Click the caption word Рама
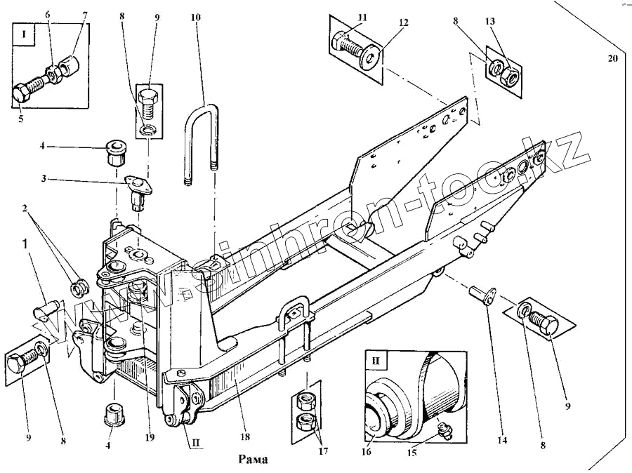(254, 460)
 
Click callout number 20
(612, 58)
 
